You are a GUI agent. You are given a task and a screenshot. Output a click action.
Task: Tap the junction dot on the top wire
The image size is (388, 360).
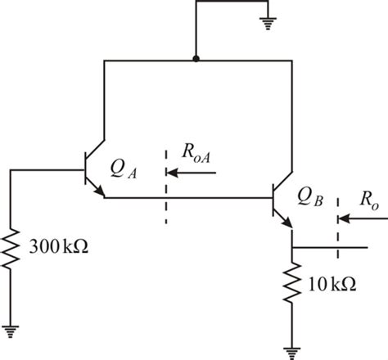pyautogui.click(x=194, y=60)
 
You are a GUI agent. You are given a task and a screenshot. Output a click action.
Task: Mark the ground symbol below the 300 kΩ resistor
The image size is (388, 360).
pyautogui.click(x=11, y=331)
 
